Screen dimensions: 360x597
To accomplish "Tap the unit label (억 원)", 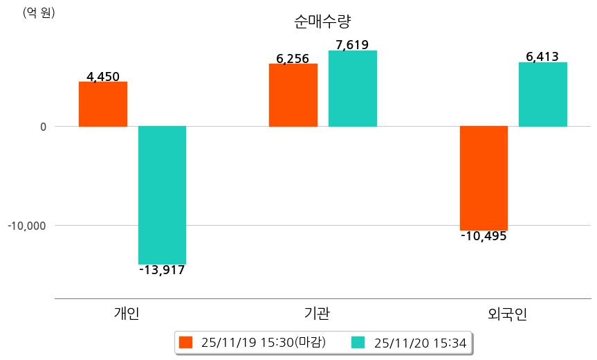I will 39,12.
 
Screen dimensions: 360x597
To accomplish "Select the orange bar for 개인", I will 102,104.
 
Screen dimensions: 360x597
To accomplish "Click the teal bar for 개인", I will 162,195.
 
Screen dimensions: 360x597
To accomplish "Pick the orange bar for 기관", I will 293,95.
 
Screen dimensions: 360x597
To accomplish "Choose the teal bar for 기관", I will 352,89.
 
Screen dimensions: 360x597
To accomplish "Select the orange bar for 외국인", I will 484,178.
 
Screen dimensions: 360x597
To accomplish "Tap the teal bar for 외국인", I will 542,94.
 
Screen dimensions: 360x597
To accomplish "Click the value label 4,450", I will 103,76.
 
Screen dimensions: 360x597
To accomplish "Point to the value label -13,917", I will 162,270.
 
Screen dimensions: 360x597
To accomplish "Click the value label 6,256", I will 293,59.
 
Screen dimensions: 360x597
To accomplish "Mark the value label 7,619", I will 352,45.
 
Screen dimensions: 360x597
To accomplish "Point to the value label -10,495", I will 484,236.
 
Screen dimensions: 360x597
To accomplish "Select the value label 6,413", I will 542,57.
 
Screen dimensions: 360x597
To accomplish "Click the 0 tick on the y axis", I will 43,127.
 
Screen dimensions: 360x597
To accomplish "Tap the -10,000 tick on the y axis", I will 27,226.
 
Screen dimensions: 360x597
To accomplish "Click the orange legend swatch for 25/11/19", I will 185,343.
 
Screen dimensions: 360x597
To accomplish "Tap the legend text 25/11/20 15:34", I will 420,343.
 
